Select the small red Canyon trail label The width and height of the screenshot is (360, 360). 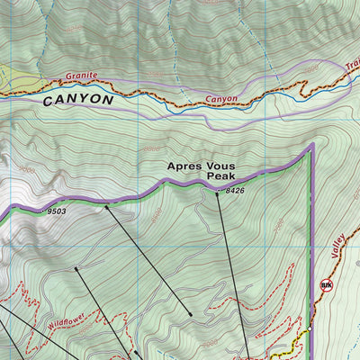click(220, 99)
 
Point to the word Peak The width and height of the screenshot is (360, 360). click(220, 177)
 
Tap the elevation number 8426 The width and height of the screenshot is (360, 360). click(235, 191)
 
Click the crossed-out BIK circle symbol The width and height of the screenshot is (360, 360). click(326, 286)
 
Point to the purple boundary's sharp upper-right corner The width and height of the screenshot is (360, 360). click(311, 145)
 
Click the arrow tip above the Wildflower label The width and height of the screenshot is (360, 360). click(76, 267)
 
